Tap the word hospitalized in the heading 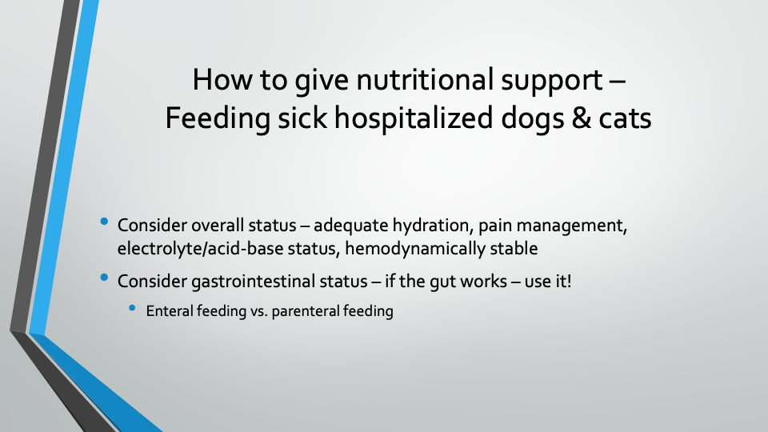pyautogui.click(x=414, y=119)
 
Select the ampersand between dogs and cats pyautogui.click(x=581, y=118)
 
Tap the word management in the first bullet pyautogui.click(x=572, y=226)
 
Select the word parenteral pyautogui.click(x=306, y=311)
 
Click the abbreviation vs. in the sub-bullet pyautogui.click(x=259, y=312)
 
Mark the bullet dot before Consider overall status pyautogui.click(x=104, y=222)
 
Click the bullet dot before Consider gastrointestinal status pyautogui.click(x=104, y=278)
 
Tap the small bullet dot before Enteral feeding pyautogui.click(x=132, y=308)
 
